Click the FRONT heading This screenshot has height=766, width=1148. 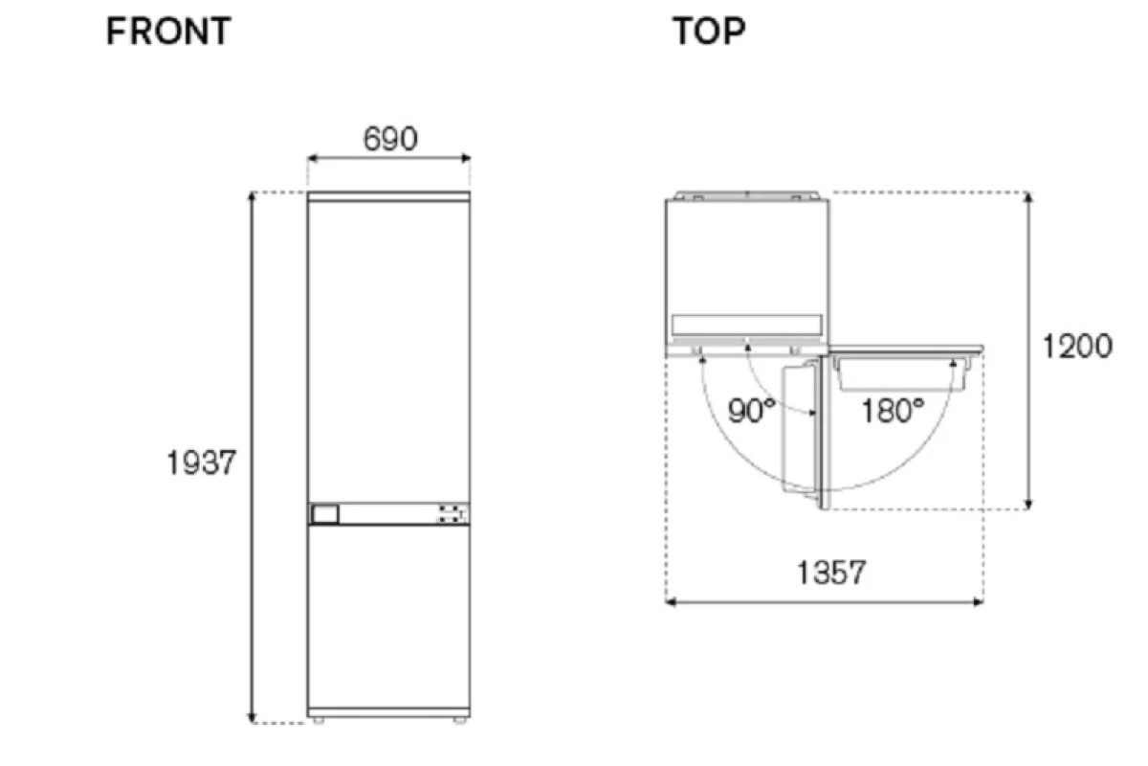pos(168,31)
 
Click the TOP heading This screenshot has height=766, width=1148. pos(709,31)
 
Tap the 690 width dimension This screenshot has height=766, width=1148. pos(390,139)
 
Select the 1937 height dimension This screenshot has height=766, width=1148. pos(201,462)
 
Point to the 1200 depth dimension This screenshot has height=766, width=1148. pos(1077,346)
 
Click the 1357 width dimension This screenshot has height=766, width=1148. pos(831,573)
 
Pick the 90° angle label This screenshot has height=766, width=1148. pos(751,411)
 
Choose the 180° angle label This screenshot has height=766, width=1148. pos(893,411)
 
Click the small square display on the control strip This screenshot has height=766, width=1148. pos(325,513)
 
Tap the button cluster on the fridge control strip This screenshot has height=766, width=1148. pos(451,513)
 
